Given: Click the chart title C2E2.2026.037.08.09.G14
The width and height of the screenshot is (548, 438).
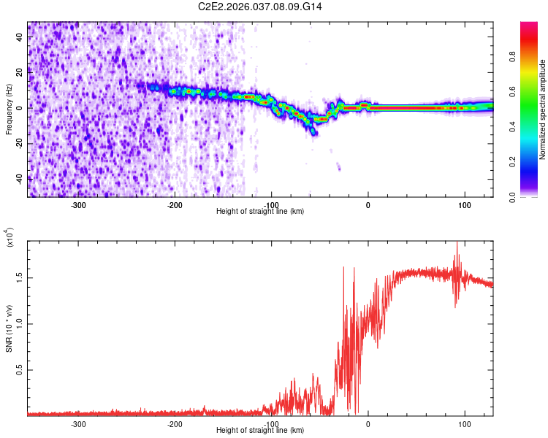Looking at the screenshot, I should point(261,7).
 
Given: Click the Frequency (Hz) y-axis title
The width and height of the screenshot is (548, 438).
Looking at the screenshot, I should point(9,109).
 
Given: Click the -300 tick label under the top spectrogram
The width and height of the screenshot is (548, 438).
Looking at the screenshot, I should point(78,204).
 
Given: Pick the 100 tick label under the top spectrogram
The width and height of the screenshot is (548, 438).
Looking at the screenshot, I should point(464,204).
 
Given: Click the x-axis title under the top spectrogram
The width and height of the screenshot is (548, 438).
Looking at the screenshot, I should point(261,211).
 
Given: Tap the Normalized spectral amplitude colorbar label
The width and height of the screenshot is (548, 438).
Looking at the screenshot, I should point(543,109).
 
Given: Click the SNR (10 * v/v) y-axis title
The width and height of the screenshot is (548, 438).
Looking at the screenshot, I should point(9,328).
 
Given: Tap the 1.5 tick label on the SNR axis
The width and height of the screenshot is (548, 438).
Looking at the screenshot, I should point(20,278).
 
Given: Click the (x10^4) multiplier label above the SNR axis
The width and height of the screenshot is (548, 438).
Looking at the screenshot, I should point(10,237).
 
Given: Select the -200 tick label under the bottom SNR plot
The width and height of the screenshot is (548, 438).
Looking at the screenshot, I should point(175,423).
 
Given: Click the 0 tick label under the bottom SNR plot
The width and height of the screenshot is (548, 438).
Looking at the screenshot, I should point(368,423).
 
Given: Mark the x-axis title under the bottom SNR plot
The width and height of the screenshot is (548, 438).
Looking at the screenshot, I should point(261,430).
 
